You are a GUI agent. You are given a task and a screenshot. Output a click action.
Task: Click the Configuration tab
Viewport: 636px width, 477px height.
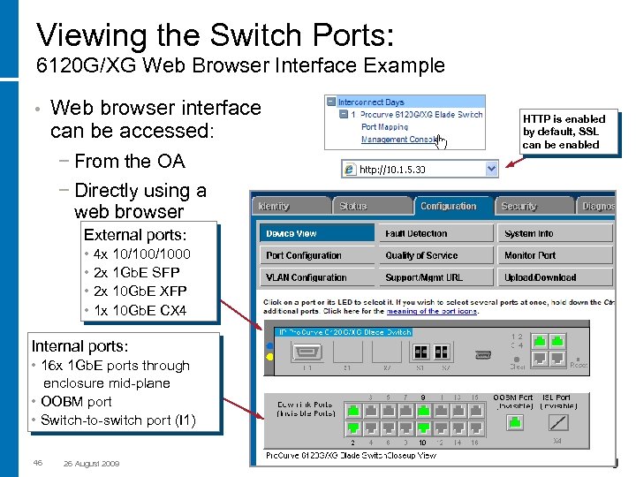(x=448, y=206)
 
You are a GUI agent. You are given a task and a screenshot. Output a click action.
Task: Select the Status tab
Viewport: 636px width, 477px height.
(x=353, y=206)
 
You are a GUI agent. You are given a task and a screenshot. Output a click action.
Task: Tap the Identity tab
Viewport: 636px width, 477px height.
(x=275, y=206)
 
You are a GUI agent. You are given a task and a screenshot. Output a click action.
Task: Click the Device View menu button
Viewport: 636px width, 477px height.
(x=317, y=234)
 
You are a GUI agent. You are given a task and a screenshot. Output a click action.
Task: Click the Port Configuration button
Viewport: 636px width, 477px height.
(x=317, y=256)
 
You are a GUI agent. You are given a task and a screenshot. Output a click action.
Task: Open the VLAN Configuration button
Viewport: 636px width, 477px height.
(x=317, y=277)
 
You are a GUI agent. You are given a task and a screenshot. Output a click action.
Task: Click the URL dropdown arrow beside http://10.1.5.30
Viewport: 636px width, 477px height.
(x=491, y=169)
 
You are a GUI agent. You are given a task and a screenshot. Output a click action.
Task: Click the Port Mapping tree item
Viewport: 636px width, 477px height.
(x=384, y=126)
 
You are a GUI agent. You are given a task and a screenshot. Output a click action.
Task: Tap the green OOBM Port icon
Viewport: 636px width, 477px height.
(x=512, y=421)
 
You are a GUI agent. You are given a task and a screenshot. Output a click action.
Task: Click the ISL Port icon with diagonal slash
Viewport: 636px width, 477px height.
(x=556, y=421)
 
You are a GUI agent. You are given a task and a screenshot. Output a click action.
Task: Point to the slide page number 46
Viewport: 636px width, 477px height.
(x=37, y=463)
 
